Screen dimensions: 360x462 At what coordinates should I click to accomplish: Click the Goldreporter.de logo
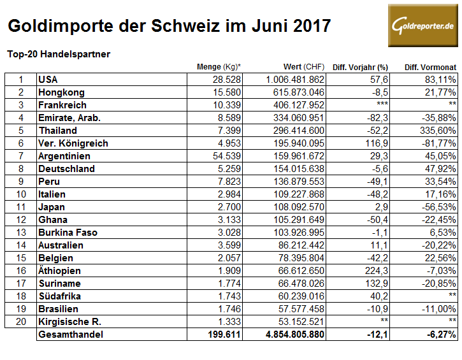point(422,25)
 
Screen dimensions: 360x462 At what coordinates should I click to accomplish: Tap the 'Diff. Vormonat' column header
point(430,67)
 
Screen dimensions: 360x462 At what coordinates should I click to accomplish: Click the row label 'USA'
point(48,80)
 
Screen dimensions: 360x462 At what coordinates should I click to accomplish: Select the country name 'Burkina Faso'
point(68,233)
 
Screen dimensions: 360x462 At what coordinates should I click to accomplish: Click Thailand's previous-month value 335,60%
point(436,131)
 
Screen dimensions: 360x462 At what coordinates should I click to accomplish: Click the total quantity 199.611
point(222,335)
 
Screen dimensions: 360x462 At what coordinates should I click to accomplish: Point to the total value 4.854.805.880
point(290,335)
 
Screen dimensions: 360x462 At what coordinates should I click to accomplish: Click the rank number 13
point(21,233)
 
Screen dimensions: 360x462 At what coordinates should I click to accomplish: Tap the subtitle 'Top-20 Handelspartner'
point(58,54)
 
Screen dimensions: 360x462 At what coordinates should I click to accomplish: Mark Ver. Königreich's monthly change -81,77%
point(437,143)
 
